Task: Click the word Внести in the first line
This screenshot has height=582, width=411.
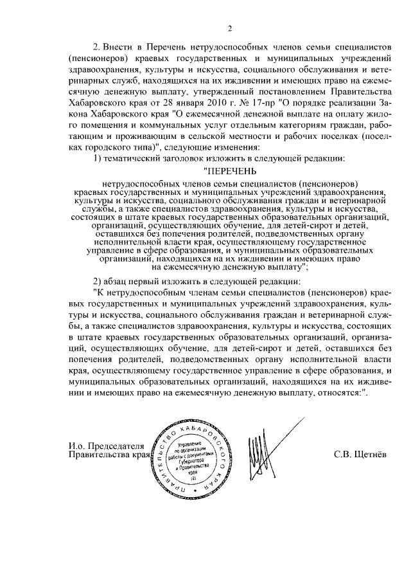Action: (120, 48)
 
